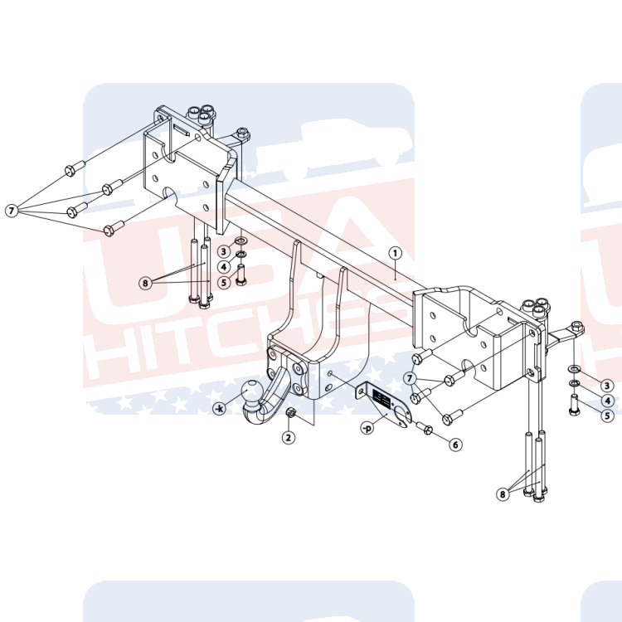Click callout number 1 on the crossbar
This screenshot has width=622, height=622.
pos(396,252)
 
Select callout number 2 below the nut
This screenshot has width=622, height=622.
pos(288,437)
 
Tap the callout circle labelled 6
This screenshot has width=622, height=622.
pos(455,445)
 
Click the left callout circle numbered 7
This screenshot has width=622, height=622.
pos(11,211)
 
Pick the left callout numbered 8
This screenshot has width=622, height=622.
pos(145,283)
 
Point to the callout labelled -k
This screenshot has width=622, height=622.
pos(219,408)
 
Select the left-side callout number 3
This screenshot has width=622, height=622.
pos(224,251)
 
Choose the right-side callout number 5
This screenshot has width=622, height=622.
pos(607,415)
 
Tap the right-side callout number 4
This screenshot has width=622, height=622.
pos(607,401)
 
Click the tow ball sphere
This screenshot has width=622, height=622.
pos(253,391)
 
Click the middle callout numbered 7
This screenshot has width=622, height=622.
pos(410,378)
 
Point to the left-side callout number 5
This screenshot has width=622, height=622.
pos(224,282)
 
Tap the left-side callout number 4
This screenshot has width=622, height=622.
pos(224,266)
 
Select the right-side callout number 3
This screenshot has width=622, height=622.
pos(607,386)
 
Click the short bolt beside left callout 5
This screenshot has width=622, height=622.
pos(241,275)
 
